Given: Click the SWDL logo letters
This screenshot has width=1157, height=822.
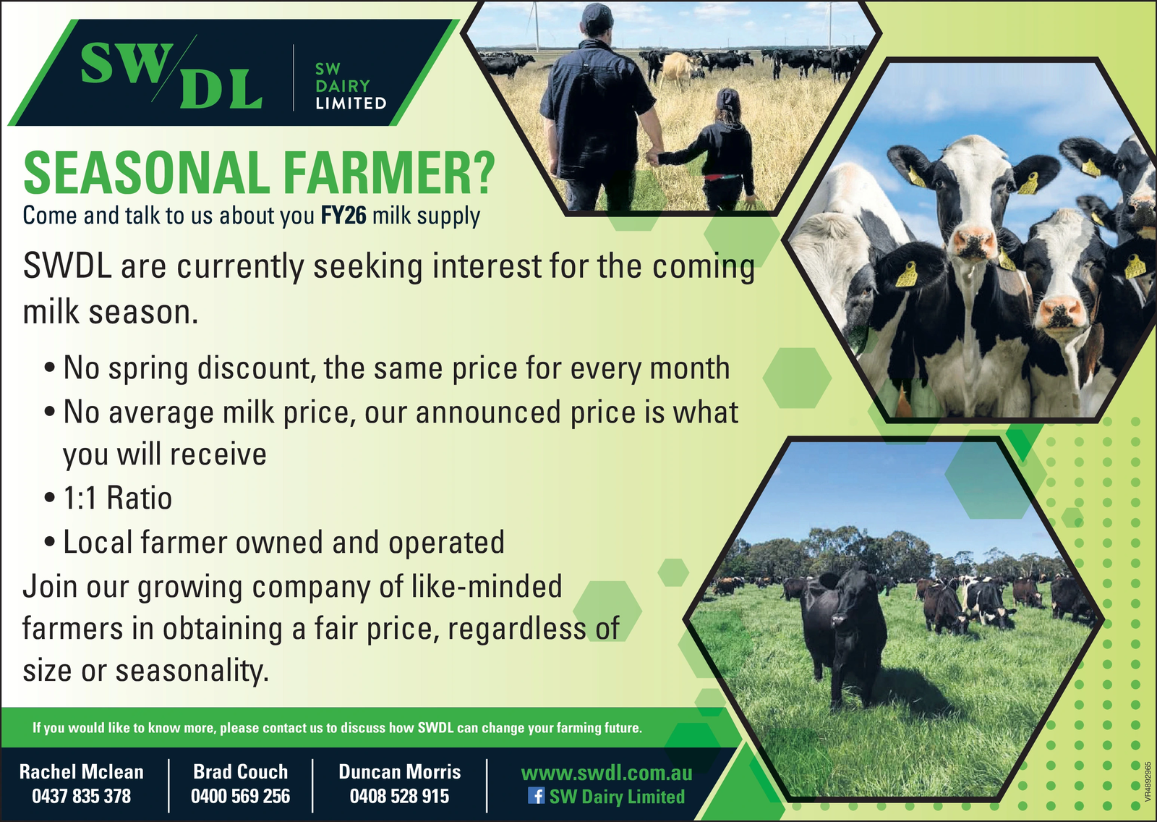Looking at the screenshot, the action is (172, 75).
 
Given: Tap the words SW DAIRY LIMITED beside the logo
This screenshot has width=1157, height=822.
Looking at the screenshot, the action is (351, 86).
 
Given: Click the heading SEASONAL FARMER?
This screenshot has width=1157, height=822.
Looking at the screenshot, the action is (259, 173).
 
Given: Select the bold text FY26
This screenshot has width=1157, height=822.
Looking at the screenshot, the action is (343, 216).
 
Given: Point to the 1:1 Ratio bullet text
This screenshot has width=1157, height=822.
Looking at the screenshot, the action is (117, 499).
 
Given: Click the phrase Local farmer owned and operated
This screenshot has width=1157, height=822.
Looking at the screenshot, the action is (283, 542).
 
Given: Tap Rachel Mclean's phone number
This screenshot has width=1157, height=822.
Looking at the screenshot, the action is (81, 796).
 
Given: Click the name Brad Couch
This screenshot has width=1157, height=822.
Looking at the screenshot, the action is (240, 772).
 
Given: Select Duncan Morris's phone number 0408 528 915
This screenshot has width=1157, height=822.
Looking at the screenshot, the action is (399, 796).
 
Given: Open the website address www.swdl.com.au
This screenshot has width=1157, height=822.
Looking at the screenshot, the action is (607, 773).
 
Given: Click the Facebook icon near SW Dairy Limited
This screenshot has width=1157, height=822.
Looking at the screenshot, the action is (536, 796).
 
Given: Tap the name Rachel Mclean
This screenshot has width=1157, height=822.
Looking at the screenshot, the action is (81, 772).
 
